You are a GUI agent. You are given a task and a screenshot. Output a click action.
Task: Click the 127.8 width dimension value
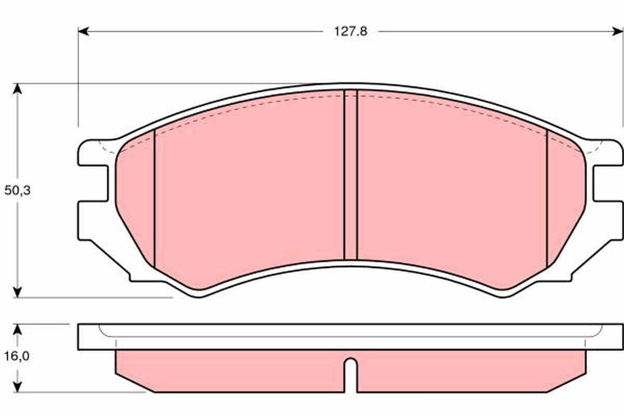coord(350,31)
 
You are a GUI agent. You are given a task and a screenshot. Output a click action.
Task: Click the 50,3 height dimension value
coord(18,190)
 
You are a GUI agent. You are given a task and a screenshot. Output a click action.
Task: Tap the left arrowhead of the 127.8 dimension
coord(83,31)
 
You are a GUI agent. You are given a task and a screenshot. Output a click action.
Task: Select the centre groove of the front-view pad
coord(351,174)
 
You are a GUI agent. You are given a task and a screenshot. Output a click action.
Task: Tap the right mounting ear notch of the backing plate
coord(606,183)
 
